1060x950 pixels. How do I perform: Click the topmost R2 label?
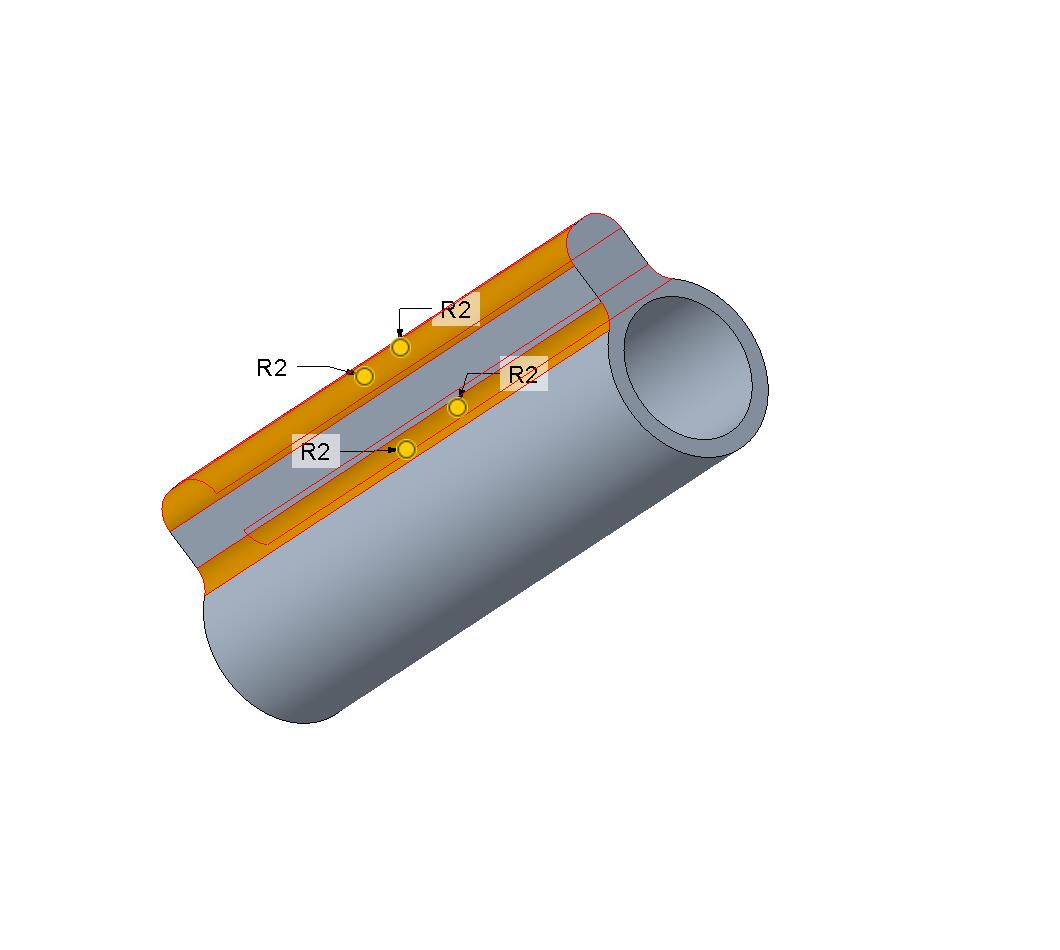point(456,310)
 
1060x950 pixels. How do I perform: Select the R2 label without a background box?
point(272,368)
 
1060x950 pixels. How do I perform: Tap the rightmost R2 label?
point(523,374)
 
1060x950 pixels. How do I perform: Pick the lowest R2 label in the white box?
point(315,452)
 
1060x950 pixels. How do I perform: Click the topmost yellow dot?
point(401,348)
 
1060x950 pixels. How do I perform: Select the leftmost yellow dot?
point(364,376)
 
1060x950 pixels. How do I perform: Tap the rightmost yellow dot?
point(458,408)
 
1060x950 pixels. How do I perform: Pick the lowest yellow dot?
point(406,449)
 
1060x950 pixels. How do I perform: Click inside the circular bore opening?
point(688,367)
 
